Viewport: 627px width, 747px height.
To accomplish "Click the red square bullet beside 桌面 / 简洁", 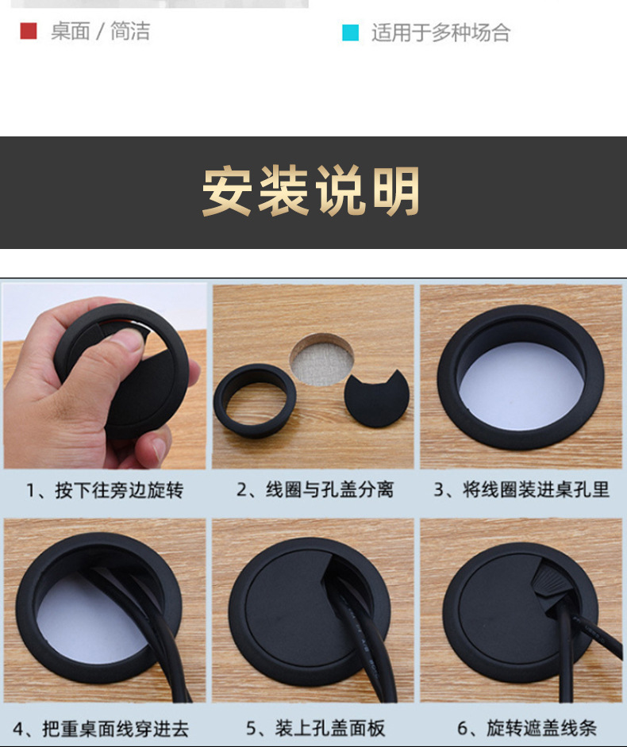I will [x=29, y=32].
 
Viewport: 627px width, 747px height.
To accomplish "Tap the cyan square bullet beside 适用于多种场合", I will [x=350, y=33].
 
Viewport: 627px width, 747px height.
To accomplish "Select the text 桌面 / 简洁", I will [x=100, y=32].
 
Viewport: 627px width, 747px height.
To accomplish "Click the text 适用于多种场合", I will [x=440, y=33].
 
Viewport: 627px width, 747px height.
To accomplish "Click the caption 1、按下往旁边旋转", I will [x=105, y=491].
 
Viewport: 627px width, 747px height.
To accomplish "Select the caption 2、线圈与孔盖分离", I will [x=314, y=490].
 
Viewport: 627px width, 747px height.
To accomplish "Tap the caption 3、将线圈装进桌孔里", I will [x=521, y=490].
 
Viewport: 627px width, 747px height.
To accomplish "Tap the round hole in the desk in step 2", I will [x=321, y=358].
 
